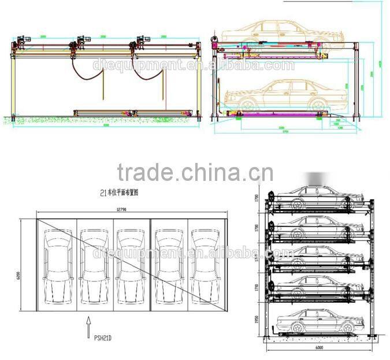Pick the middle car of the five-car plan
pos(131,265)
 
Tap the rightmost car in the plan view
pos(205,265)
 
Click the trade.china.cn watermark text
pos(195,172)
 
